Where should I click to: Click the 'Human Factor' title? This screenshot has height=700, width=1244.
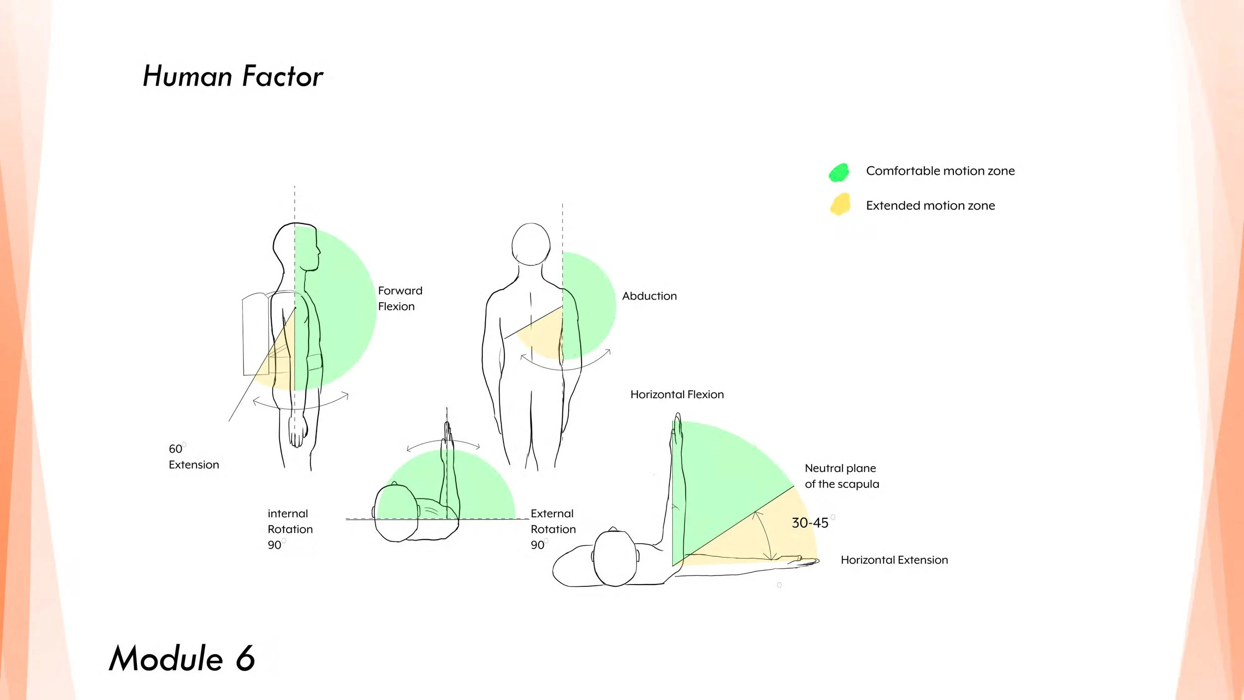(233, 76)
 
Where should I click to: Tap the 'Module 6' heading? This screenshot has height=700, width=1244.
(182, 658)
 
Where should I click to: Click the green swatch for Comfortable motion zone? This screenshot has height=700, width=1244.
(839, 172)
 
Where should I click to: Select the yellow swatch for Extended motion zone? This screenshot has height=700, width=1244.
(840, 205)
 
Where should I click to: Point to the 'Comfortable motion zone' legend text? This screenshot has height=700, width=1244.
(940, 171)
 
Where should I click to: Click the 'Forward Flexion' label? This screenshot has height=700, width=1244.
(400, 298)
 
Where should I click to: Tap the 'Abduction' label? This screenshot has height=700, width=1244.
(649, 296)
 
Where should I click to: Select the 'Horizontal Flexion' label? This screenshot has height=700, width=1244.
(677, 394)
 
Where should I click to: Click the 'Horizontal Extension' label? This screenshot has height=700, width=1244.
(894, 560)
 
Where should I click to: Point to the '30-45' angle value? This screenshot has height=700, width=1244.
(810, 523)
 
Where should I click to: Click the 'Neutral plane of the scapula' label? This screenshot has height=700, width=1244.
(841, 476)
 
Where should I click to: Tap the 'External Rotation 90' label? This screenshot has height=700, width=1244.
(553, 529)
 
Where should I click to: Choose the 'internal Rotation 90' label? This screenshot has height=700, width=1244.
(290, 529)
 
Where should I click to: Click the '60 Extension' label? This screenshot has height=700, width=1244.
(194, 457)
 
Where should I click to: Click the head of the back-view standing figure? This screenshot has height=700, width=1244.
(531, 244)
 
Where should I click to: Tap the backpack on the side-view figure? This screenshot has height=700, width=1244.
(256, 334)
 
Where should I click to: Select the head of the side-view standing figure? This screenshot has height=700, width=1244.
(296, 246)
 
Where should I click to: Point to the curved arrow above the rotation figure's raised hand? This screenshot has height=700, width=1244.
(443, 443)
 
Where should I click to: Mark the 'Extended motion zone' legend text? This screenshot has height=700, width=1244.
(930, 206)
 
